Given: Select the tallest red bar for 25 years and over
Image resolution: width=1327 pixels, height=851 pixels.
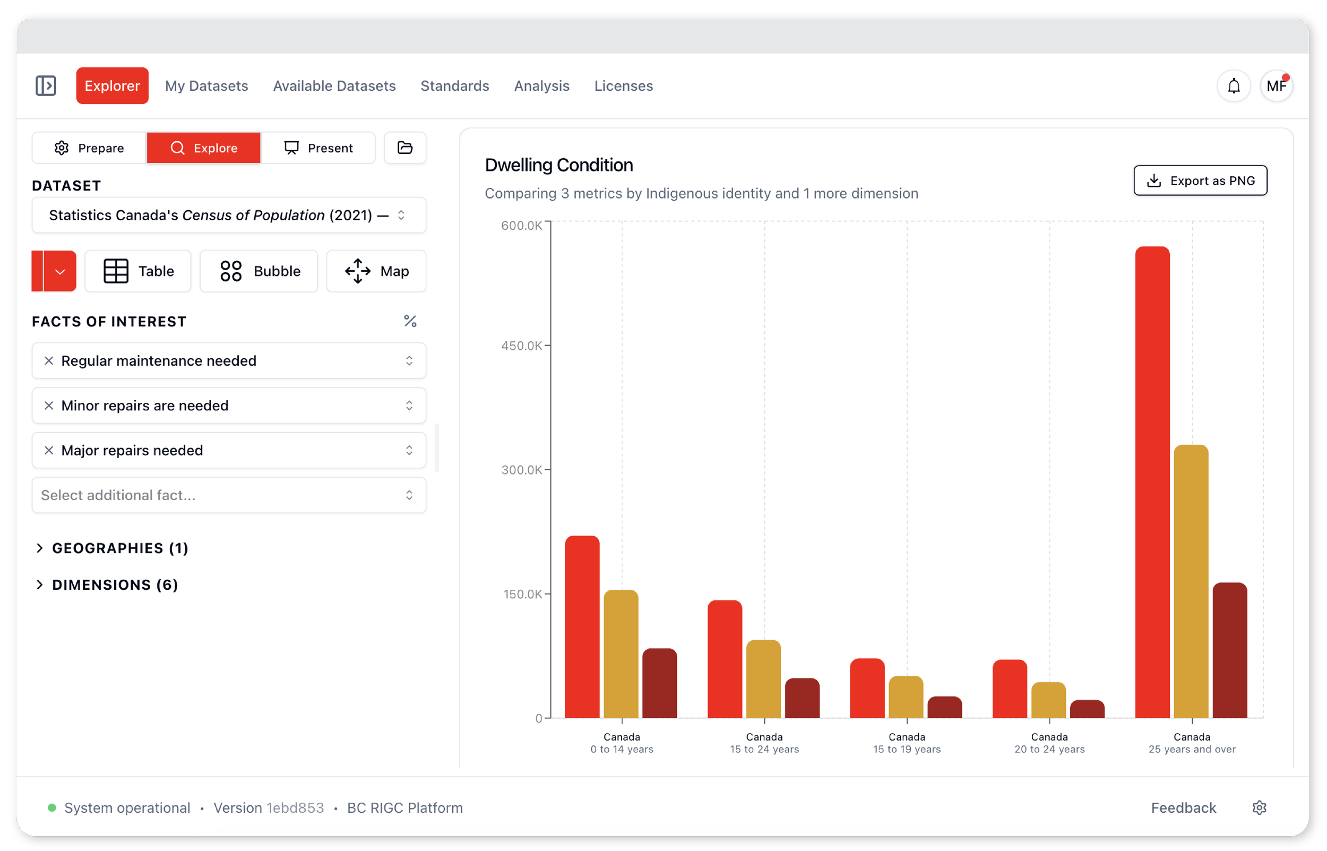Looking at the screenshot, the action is point(1152,482).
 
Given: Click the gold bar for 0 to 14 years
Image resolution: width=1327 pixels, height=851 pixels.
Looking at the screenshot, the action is point(621,654).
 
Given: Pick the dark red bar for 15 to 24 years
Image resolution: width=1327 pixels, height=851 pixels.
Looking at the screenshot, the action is point(802,698).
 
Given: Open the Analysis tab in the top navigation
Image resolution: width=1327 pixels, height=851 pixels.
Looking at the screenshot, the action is point(541,85).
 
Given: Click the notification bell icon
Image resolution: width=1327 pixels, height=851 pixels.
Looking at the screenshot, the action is point(1233,85).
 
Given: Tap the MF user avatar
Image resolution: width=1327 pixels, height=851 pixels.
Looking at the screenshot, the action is point(1276,85).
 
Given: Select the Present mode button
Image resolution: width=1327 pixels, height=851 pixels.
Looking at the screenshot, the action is point(318,148).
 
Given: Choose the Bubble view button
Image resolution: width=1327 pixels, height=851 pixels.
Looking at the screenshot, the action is point(258,271).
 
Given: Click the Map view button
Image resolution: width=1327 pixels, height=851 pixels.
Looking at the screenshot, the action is point(376,271).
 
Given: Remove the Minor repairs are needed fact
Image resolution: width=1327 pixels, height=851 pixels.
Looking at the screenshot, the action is point(49,405).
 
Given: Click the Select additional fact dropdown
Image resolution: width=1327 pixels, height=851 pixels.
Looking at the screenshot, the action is point(229,495).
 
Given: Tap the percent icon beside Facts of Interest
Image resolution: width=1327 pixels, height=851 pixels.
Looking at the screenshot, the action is point(410,321).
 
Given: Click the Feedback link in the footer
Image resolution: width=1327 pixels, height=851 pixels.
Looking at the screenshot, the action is point(1183,807).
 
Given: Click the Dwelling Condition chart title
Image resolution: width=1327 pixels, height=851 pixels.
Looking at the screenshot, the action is point(558,165).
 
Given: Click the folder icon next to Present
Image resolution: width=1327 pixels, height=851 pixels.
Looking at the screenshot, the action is point(405,148).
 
